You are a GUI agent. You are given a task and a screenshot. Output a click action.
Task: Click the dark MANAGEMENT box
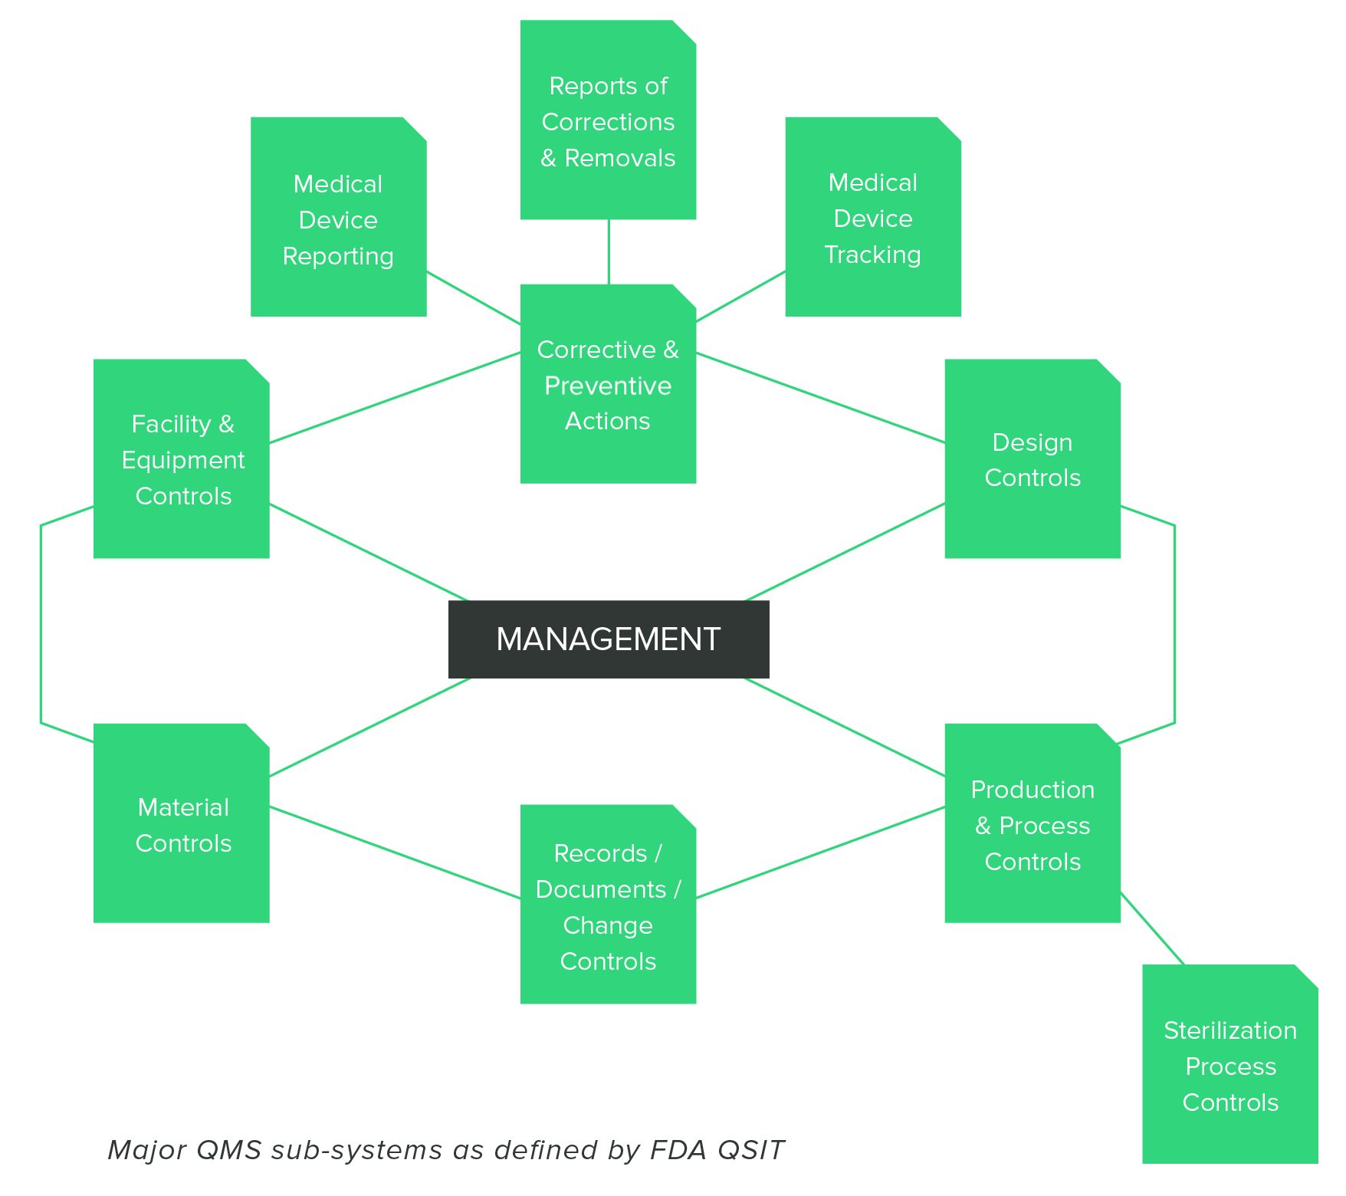pyautogui.click(x=608, y=639)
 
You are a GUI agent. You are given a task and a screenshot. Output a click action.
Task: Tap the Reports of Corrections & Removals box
pyautogui.click(x=608, y=121)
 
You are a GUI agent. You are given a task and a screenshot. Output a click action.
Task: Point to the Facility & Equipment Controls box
pyautogui.click(x=182, y=460)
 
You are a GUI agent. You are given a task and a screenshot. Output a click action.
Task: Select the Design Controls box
pyautogui.click(x=1032, y=460)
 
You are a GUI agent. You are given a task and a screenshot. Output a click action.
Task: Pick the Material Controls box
pyautogui.click(x=182, y=825)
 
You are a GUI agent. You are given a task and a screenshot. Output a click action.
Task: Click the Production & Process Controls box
pyautogui.click(x=1032, y=825)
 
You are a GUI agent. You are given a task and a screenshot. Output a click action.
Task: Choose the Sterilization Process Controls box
pyautogui.click(x=1229, y=1066)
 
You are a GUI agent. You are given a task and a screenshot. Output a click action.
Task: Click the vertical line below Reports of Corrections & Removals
pyautogui.click(x=609, y=251)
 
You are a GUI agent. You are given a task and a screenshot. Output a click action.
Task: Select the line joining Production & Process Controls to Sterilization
pyautogui.click(x=1152, y=928)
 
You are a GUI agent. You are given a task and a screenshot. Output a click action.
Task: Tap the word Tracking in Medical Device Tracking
pyautogui.click(x=872, y=255)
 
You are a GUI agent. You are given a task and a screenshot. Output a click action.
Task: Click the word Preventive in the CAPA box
pyautogui.click(x=608, y=386)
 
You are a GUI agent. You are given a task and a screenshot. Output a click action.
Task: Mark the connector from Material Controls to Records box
pyautogui.click(x=395, y=852)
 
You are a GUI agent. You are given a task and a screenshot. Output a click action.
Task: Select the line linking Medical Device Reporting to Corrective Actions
pyautogui.click(x=473, y=297)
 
